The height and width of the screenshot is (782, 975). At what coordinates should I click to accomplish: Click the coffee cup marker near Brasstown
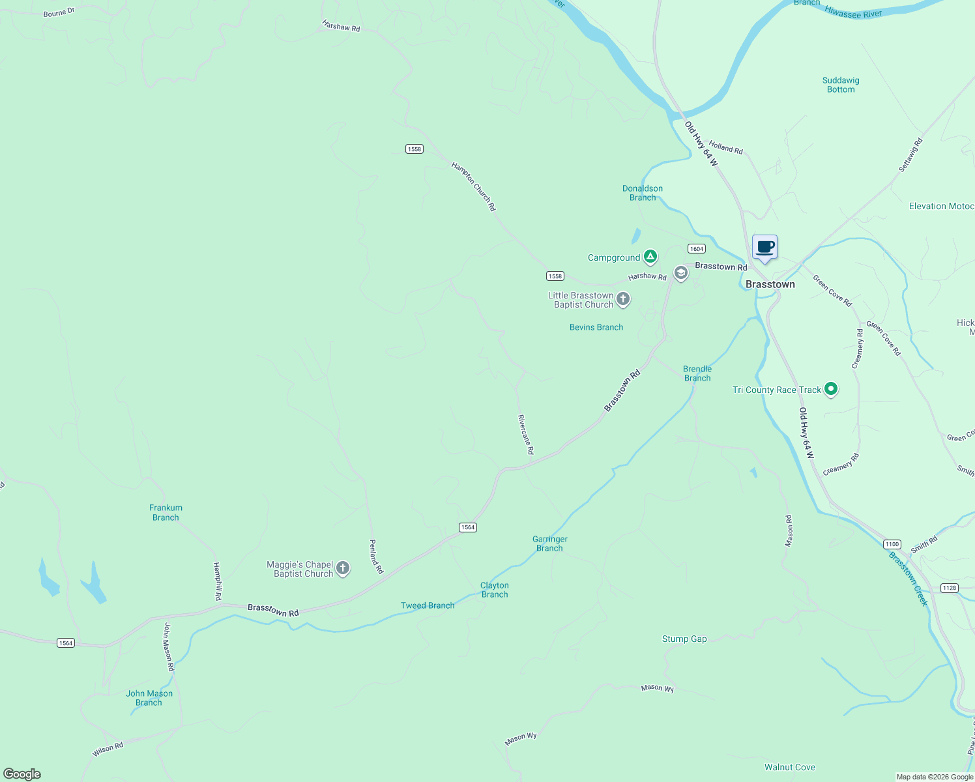(764, 248)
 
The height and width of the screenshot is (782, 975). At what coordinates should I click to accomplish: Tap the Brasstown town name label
(770, 284)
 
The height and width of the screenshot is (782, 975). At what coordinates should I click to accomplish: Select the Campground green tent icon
(650, 257)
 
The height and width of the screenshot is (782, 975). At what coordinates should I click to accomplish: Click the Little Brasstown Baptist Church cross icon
(623, 299)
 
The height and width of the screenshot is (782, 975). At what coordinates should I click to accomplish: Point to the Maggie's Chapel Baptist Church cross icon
(343, 568)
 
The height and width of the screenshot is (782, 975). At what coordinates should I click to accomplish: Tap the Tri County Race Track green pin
(830, 389)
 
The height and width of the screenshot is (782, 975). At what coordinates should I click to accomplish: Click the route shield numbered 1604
(697, 248)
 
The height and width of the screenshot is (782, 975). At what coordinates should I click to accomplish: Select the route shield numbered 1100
(892, 544)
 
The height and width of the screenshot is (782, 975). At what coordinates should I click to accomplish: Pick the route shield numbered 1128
(950, 588)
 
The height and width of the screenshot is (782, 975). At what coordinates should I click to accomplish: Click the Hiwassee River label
(853, 12)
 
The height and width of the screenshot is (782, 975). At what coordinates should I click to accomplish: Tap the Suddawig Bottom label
(841, 85)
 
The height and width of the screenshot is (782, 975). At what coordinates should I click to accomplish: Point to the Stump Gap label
(684, 639)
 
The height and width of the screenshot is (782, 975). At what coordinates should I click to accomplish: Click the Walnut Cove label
(790, 767)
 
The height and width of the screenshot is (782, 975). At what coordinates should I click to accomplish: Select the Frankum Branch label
(166, 512)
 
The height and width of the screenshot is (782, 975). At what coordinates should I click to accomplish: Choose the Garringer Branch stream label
(550, 543)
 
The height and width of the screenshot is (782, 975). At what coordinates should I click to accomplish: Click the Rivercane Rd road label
(526, 434)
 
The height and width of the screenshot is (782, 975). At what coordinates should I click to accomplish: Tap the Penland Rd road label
(376, 557)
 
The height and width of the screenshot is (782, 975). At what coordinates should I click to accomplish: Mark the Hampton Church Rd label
(474, 186)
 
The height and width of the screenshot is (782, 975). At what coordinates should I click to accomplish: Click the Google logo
(22, 774)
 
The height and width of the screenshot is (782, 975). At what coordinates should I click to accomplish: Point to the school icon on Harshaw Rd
(680, 273)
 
